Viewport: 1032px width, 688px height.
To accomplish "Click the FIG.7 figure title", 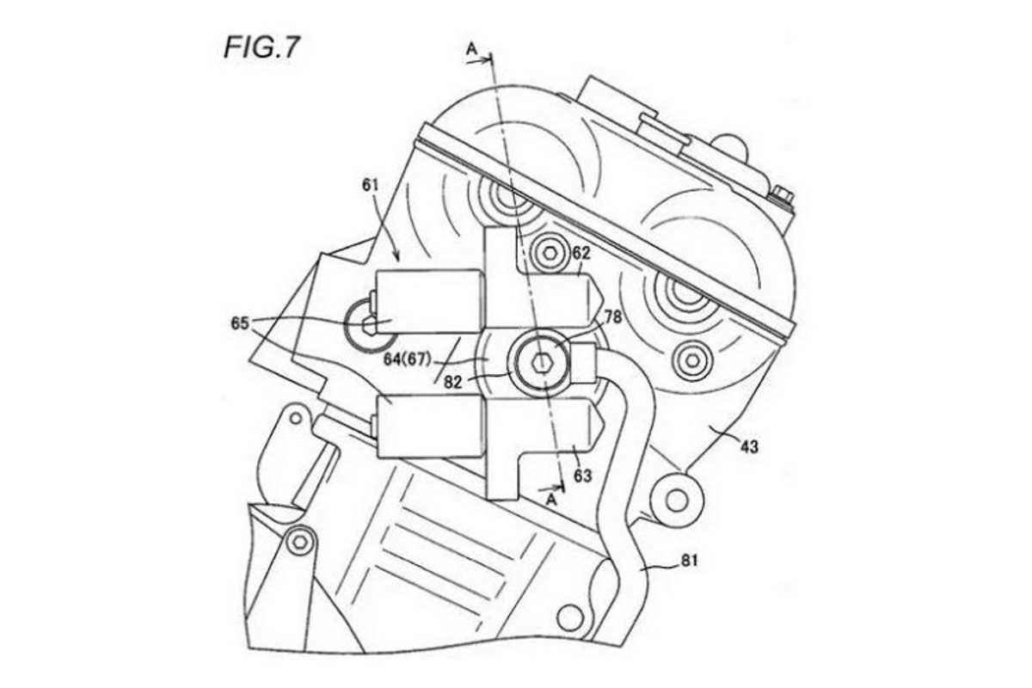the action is coord(261,46).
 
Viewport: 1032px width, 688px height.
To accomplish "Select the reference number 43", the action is coord(748,446).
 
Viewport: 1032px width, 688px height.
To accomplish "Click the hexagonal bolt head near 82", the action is coord(538,361).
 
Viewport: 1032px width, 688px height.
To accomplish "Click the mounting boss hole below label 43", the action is coord(676,499).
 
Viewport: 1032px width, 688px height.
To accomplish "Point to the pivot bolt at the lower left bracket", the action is coord(299,542).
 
